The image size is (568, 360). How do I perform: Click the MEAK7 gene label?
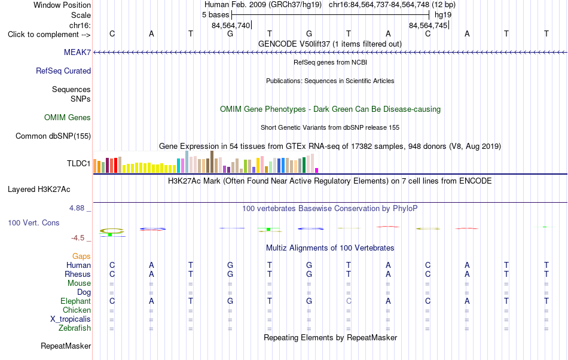coord(77,53)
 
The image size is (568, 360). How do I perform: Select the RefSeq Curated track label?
coord(63,71)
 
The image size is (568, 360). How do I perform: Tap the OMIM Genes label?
coord(67,118)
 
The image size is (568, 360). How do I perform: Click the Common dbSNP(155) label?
coord(53,136)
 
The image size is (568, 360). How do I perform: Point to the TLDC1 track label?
coord(78,164)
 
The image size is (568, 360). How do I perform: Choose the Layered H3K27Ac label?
coord(39,190)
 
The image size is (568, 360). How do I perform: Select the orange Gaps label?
coord(81,257)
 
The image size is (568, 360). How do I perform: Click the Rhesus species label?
coord(78,274)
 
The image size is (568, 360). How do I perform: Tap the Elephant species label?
coord(75,301)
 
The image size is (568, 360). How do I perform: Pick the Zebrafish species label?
coord(75,328)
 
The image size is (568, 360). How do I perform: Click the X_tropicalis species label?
coord(71,319)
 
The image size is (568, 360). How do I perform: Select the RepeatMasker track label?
coord(66,346)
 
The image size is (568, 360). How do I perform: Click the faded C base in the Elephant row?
coord(349,301)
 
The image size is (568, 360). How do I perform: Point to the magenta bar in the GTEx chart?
coord(317,170)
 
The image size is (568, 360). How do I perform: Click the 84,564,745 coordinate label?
coord(428,26)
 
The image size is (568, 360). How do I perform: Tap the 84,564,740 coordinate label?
coord(231,26)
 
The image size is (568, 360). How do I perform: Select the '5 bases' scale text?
coord(215,15)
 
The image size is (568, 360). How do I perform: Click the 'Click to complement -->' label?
coord(49,35)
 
